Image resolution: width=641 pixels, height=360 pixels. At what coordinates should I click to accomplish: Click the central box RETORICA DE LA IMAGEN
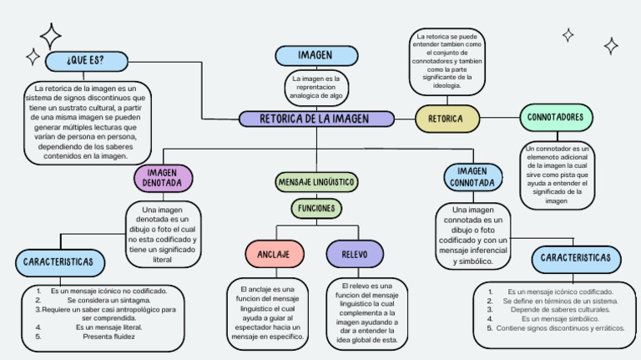click(x=316, y=119)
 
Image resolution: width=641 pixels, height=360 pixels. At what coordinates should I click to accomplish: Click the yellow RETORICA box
click(x=447, y=119)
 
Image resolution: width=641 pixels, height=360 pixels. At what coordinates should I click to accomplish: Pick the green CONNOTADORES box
click(x=555, y=118)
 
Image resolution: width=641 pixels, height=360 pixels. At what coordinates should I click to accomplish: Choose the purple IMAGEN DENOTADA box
click(x=163, y=177)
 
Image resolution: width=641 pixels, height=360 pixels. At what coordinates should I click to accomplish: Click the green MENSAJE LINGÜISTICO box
click(x=316, y=181)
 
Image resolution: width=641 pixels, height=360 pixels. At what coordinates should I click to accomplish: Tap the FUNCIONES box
click(x=316, y=208)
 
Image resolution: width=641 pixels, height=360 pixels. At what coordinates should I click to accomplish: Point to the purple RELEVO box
click(x=355, y=253)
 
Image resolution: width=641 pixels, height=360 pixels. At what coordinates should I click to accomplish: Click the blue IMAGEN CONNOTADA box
click(x=472, y=176)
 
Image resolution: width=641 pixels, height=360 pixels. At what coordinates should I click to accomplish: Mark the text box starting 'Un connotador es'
click(x=556, y=174)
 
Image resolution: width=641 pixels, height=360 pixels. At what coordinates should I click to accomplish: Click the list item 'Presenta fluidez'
click(x=114, y=337)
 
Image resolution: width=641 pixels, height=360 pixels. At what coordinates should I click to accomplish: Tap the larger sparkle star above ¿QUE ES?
click(x=50, y=35)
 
